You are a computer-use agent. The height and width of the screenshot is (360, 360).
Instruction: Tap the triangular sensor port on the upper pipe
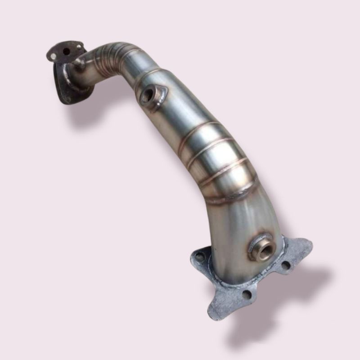pos(151,95)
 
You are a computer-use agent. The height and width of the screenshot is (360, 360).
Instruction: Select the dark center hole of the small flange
pos(67,51)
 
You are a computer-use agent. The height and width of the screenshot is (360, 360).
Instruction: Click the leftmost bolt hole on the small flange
pos(54,57)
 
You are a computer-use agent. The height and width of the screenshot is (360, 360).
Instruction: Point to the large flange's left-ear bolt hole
pos(199,257)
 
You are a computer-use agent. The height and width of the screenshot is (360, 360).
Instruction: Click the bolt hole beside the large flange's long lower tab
pos(246,295)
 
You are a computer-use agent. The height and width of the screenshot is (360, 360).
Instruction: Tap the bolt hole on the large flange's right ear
pos(285,265)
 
